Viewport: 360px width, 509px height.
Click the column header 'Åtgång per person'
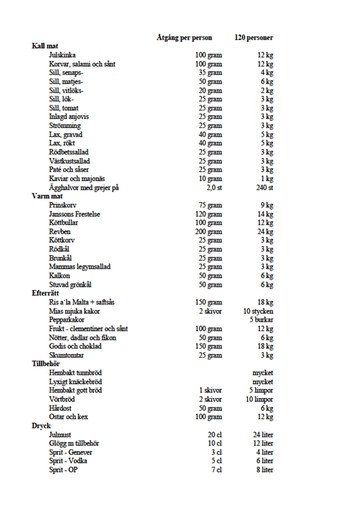184,37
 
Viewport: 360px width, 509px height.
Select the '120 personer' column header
254,37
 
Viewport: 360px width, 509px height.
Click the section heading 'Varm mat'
47,196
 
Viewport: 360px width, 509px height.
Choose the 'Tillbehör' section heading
46,364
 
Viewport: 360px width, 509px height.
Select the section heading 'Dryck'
41,426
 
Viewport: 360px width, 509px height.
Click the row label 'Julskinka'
63,55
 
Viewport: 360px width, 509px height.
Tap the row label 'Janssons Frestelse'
75,214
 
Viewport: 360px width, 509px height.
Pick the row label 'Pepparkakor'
67,320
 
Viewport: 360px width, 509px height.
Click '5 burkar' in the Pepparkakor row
261,320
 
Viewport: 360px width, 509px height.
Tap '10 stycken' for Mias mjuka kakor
258,311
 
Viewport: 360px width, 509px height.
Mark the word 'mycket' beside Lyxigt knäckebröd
263,382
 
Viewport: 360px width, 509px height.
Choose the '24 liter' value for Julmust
263,435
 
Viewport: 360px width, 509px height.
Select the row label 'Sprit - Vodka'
68,461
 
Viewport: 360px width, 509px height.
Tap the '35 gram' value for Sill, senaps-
210,73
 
